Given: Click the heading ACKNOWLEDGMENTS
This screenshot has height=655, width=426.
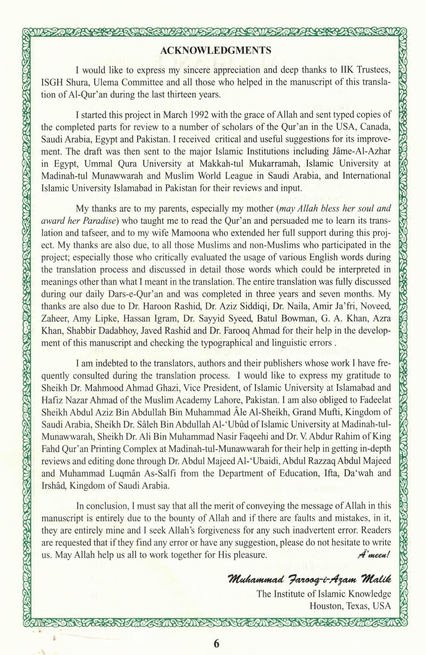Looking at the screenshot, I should coord(216,49).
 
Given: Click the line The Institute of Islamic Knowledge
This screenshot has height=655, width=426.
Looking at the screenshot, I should coord(324,594).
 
